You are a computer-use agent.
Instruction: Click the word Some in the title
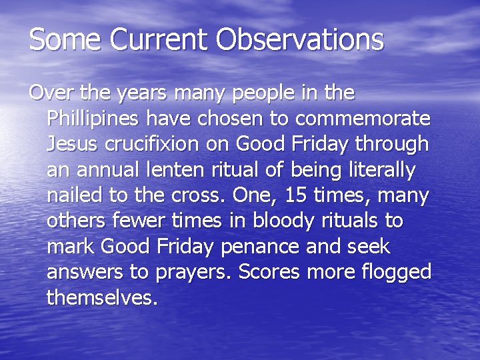pos(64,39)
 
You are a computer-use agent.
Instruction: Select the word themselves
pos(102,297)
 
